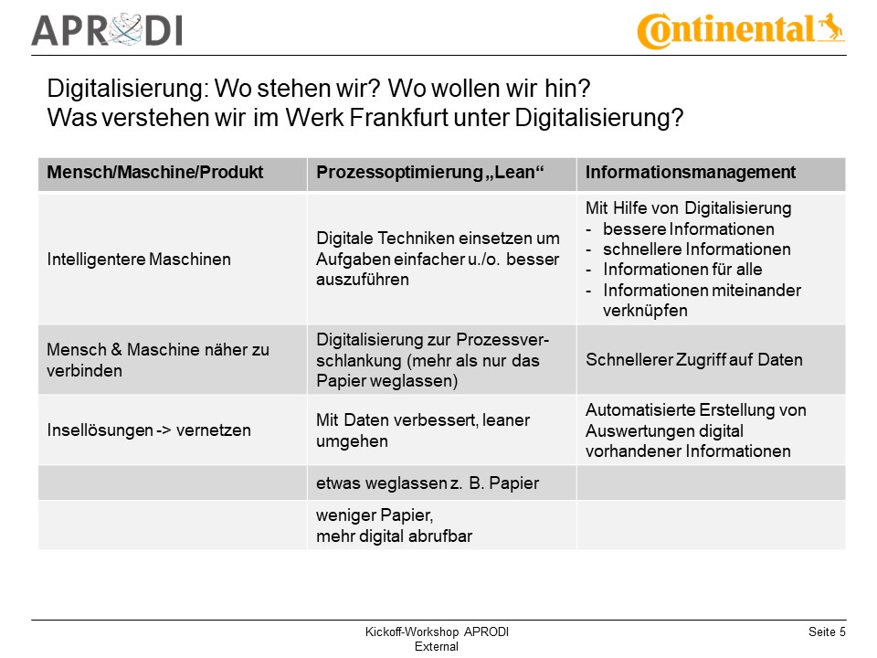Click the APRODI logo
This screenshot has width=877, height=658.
(x=107, y=29)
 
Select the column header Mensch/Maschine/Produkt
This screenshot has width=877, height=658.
(x=154, y=173)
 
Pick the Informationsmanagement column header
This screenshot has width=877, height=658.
(x=690, y=173)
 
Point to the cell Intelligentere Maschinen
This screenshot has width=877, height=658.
(x=139, y=259)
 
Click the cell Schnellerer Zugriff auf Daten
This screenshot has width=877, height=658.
(x=693, y=360)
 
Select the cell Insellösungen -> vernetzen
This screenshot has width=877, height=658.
(x=148, y=430)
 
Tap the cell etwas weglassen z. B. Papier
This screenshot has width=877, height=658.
(x=428, y=483)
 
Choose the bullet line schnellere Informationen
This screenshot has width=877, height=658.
(x=696, y=249)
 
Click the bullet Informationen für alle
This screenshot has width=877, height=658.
(x=682, y=270)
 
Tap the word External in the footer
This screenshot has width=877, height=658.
(x=437, y=646)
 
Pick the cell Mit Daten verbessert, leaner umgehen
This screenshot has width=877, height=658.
(x=422, y=430)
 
